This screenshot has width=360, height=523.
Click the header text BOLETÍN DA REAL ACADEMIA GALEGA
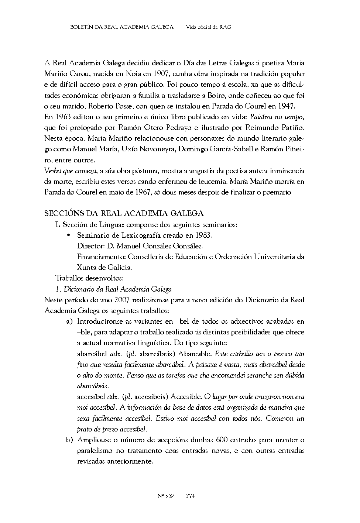[121, 27]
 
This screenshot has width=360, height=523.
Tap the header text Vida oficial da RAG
[209, 27]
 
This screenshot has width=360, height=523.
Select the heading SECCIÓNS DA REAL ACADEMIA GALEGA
[124, 213]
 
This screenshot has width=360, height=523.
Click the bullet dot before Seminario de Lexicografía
[68, 235]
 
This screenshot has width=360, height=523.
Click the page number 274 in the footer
[191, 496]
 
